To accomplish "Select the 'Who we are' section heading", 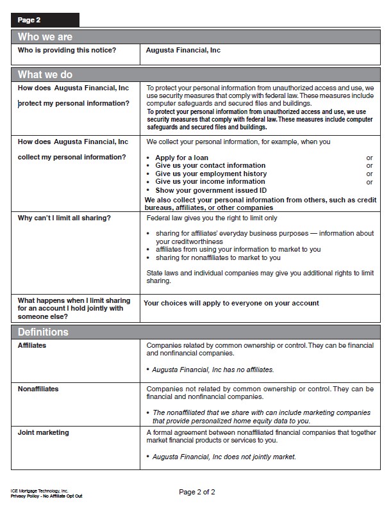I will click(x=45, y=37).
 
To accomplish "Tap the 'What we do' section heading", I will click(x=45, y=74).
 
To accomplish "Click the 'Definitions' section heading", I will click(x=43, y=332).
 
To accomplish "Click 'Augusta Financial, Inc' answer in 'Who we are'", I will click(x=183, y=50).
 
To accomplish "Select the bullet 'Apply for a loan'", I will click(x=182, y=158).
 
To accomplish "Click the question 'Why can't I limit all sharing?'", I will click(x=64, y=218).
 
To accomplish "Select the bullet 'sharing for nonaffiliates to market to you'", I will click(x=218, y=258).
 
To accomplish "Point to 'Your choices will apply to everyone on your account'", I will click(x=231, y=303).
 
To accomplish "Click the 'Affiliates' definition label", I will click(x=32, y=346).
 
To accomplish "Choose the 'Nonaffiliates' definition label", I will click(x=38, y=389).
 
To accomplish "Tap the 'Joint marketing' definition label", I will click(x=43, y=433).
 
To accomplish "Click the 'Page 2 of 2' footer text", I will click(x=197, y=492).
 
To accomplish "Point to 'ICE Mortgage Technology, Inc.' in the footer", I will click(x=40, y=490).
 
